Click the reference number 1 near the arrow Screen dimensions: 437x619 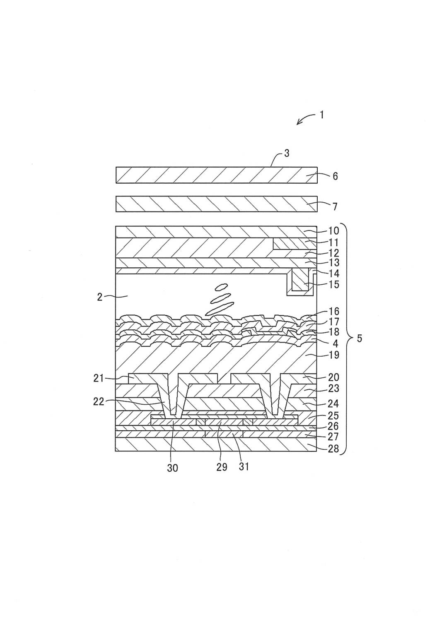pos(321,115)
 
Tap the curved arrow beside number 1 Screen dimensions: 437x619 pos(305,120)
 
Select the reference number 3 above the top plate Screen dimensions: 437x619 pos(287,154)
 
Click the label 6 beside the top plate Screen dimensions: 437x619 pos(335,176)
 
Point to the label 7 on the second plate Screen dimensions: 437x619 pos(335,206)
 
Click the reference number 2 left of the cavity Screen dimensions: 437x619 pos(99,296)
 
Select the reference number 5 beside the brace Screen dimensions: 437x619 pos(359,338)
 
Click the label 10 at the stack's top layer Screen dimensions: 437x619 pos(333,231)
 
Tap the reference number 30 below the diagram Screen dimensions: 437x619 pos(172,468)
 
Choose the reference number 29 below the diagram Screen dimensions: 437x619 pos(222,468)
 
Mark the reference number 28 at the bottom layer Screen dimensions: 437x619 pos(333,448)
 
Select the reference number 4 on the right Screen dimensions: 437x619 pos(335,343)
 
